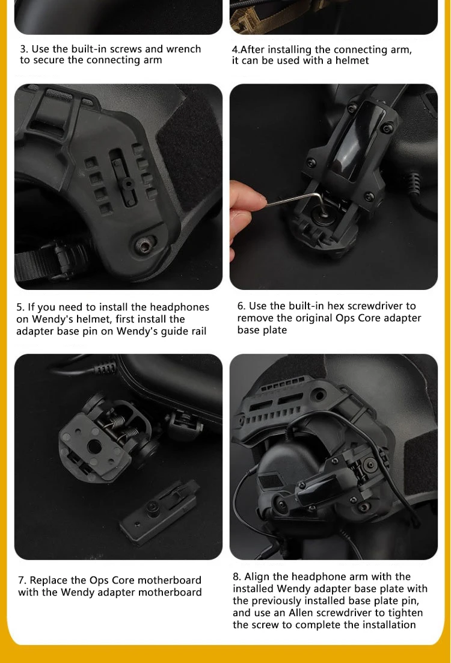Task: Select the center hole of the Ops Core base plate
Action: pyautogui.click(x=94, y=446)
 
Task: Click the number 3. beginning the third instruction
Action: pyautogui.click(x=24, y=49)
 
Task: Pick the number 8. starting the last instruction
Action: pyautogui.click(x=237, y=577)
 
